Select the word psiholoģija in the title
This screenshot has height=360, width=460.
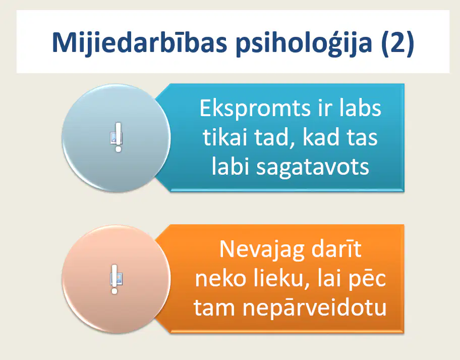click(304, 43)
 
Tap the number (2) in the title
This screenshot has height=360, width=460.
click(397, 43)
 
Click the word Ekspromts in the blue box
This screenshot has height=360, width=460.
click(255, 109)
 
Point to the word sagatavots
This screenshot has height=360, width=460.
click(312, 168)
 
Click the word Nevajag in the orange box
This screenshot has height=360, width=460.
click(262, 250)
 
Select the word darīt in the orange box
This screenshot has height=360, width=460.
click(336, 249)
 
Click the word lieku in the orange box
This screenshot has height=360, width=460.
click(282, 279)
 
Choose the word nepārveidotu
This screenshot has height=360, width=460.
click(315, 308)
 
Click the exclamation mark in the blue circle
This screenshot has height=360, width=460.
click(118, 137)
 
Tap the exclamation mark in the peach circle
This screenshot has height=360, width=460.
click(114, 279)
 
